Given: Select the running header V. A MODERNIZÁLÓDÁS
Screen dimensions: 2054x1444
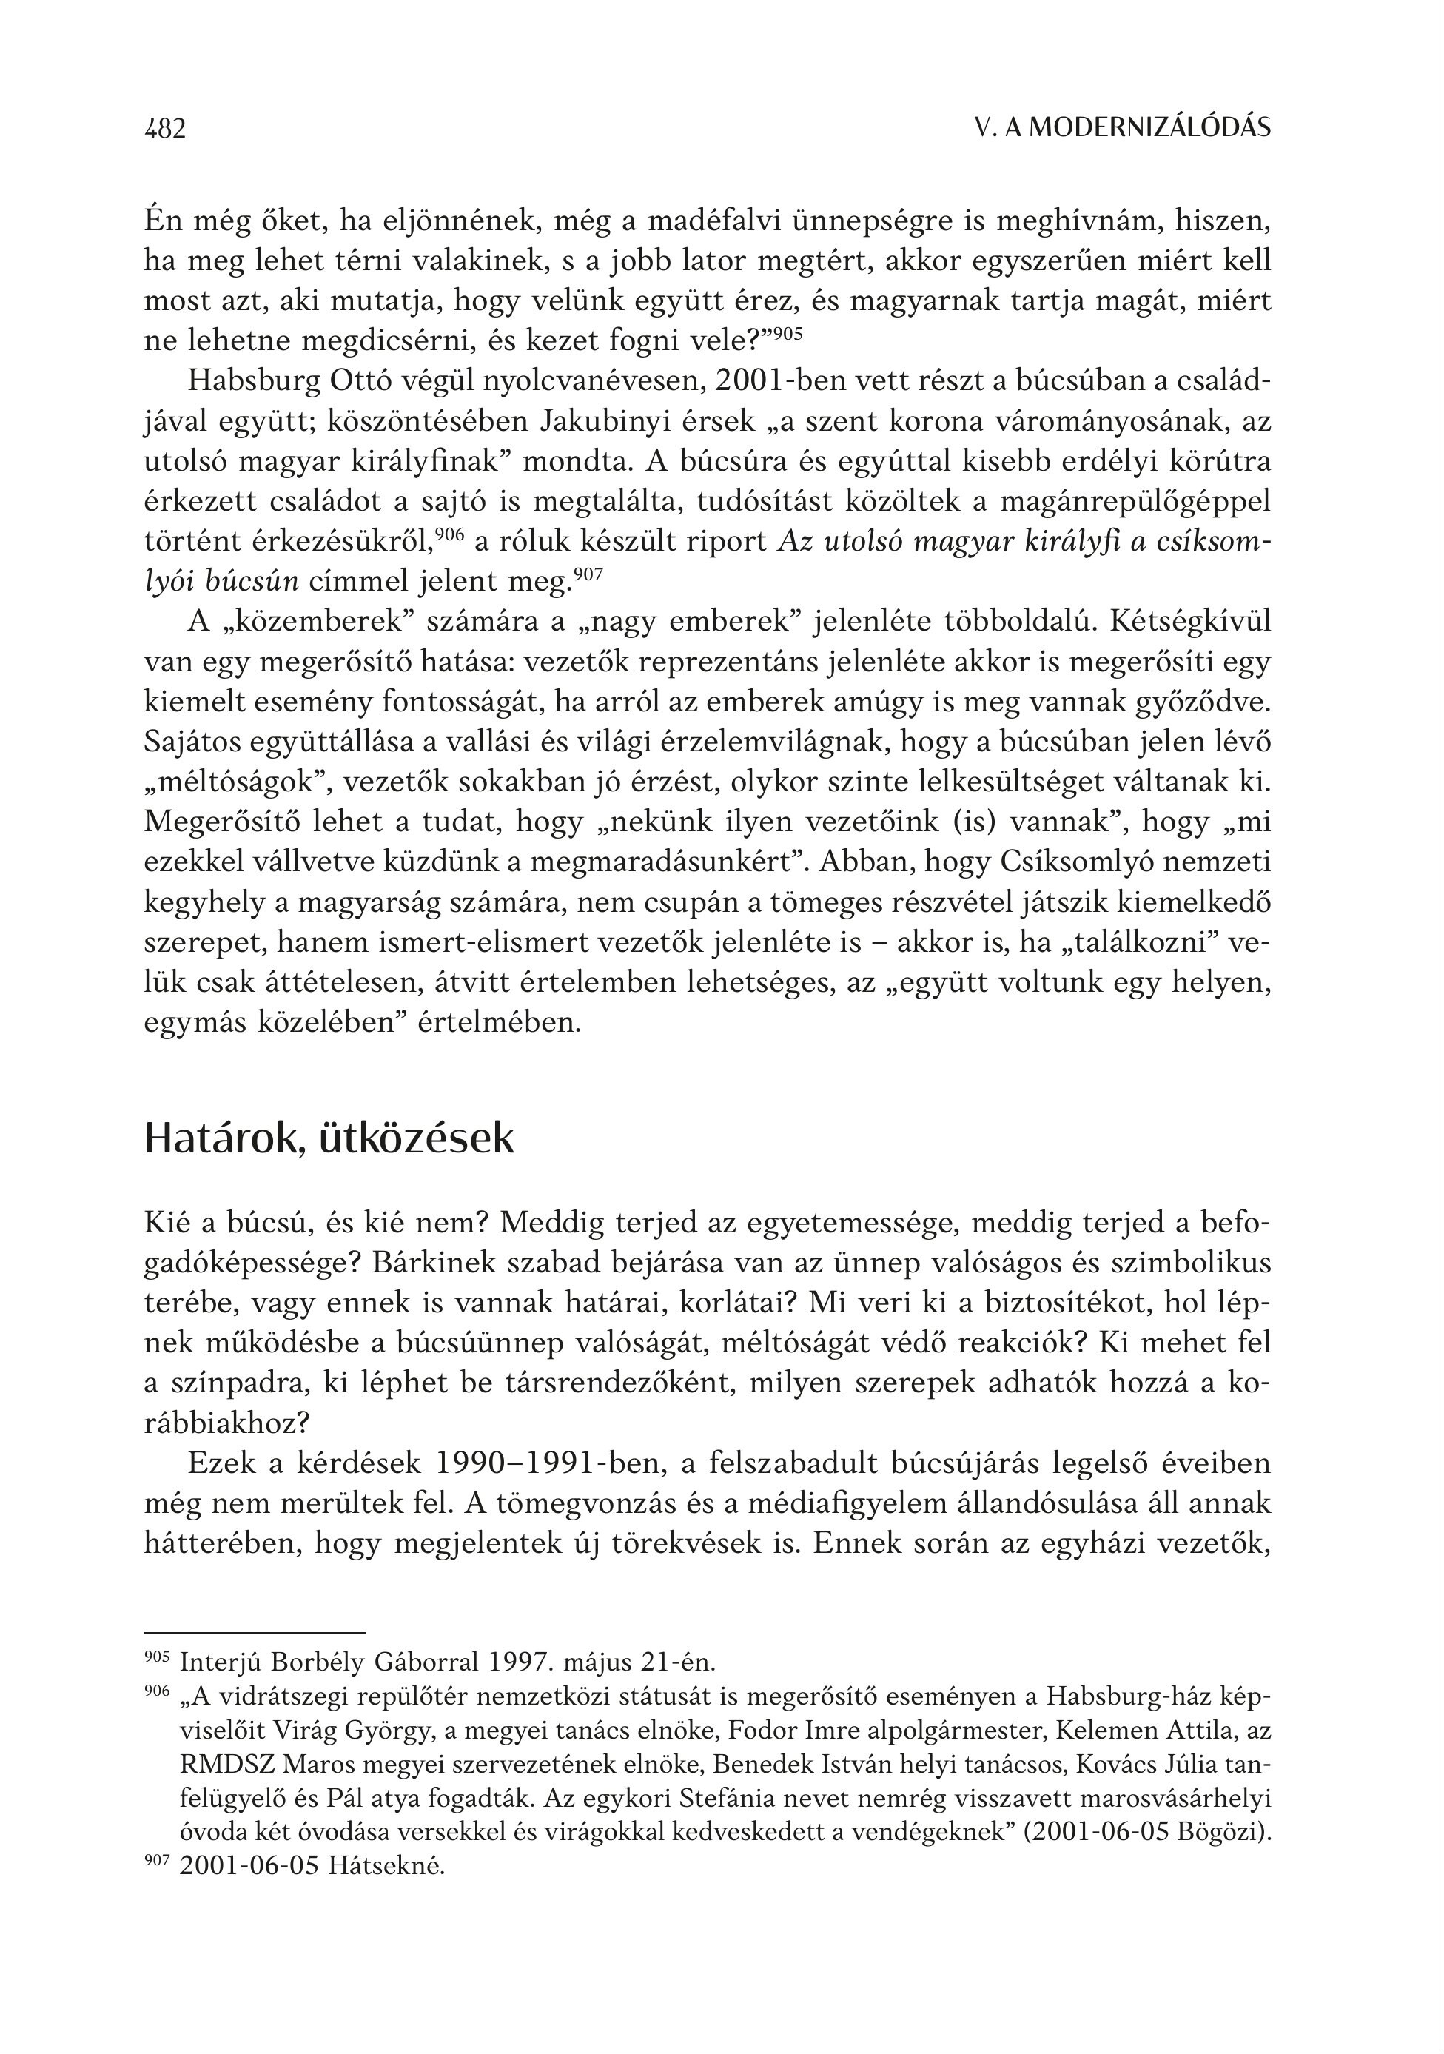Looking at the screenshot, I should click(x=1123, y=129).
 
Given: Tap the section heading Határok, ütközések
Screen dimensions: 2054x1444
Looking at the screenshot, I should click(x=329, y=1139).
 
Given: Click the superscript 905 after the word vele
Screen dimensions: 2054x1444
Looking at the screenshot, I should click(x=788, y=332).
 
